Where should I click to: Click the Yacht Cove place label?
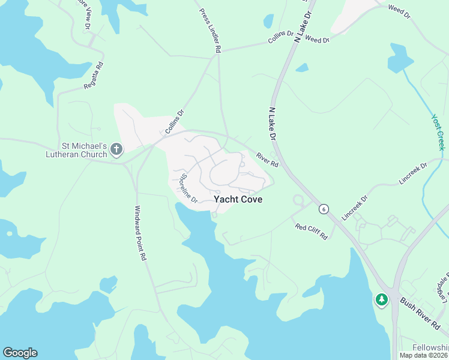tap(238, 200)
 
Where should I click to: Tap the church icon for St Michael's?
tap(116, 148)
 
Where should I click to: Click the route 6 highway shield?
tap(324, 209)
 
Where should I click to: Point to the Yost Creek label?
tap(439, 133)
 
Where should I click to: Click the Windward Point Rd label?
tap(140, 233)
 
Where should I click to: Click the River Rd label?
tap(268, 160)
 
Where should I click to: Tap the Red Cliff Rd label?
tap(312, 231)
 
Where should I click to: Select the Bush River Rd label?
tap(420, 313)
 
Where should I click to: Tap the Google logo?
tap(20, 353)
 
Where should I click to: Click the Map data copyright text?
tap(424, 355)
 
